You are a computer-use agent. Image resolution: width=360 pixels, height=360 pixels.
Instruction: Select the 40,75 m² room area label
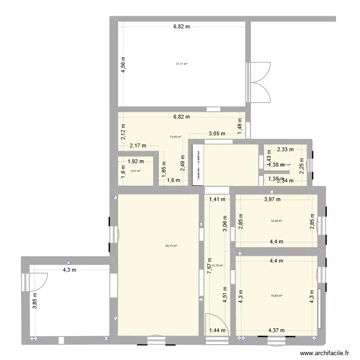coord(171,246)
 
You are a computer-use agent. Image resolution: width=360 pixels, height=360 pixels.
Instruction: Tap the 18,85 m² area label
coord(276,296)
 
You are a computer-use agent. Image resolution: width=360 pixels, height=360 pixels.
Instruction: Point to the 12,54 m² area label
coord(276,221)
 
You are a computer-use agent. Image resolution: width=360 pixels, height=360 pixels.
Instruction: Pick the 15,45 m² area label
coord(175,137)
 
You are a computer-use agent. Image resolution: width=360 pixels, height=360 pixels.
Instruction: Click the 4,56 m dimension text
coord(123,65)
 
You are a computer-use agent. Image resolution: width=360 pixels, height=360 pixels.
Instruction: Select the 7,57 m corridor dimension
coord(209,264)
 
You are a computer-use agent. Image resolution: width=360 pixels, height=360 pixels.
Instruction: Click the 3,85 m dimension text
coord(35,300)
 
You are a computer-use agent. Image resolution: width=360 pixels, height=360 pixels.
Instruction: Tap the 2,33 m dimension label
coord(285,149)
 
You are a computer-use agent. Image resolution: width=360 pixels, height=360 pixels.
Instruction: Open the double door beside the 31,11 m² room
coord(259,82)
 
